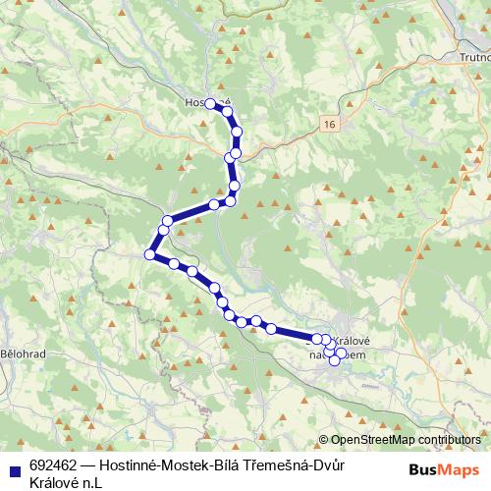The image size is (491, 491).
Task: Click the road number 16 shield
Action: coord(327,124)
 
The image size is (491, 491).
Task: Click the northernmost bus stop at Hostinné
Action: coord(210,103)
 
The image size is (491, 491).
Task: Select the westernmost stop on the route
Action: coord(150,255)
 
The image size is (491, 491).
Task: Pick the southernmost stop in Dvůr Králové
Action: coord(334,361)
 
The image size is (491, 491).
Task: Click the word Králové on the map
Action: coord(357,340)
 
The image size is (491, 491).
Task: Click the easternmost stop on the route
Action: coord(343,354)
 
